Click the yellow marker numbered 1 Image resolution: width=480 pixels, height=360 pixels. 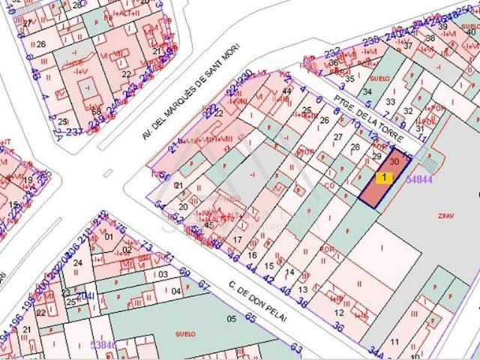[385, 178]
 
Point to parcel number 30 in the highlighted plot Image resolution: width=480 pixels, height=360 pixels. [394, 161]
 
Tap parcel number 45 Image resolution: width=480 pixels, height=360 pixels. [209, 225]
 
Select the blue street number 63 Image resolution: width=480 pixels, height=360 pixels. [296, 348]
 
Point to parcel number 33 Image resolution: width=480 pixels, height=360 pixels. [389, 102]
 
